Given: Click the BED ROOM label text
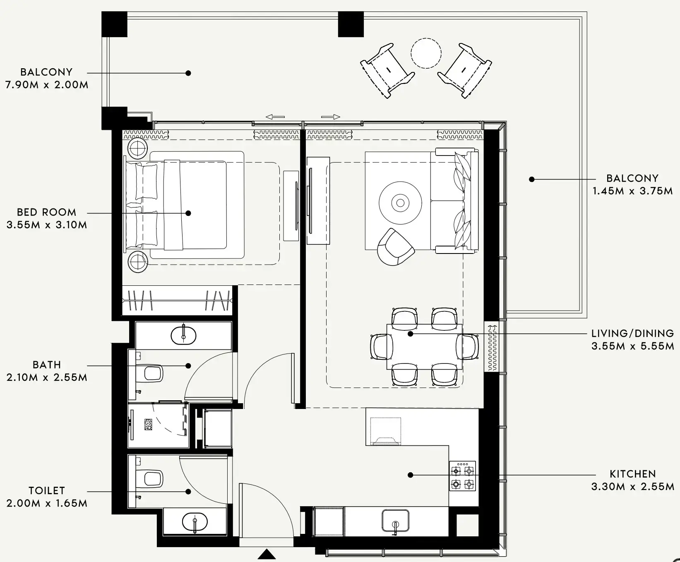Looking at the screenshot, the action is click(46, 212).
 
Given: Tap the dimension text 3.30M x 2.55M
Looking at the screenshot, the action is click(632, 487).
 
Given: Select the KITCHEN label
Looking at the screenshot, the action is click(632, 474).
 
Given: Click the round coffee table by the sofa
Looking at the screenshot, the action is click(400, 203).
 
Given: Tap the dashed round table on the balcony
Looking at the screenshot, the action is click(426, 53).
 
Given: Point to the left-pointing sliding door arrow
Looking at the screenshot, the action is click(275, 117).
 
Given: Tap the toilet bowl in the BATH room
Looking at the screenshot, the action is click(152, 373).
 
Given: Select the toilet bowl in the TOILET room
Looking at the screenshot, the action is click(152, 478).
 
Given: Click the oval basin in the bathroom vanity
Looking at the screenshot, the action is click(184, 335).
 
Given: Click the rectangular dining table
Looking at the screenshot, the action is click(424, 347).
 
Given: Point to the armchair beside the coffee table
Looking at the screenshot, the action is click(395, 247).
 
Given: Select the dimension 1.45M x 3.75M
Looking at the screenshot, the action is click(632, 191).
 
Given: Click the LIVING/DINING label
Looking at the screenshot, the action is click(632, 333).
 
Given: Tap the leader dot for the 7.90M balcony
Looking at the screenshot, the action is click(188, 73).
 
